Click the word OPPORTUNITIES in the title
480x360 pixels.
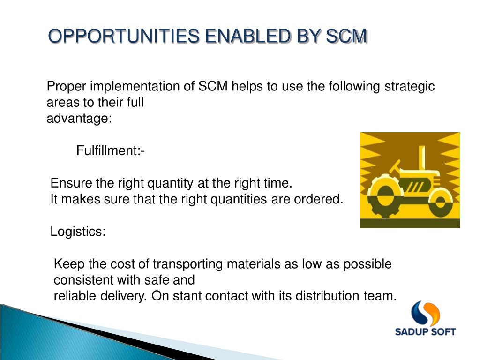[x=124, y=36]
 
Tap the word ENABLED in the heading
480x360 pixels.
[x=247, y=36]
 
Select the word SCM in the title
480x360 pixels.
[x=346, y=36]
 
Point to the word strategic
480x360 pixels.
[x=410, y=87]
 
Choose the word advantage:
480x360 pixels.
[x=79, y=119]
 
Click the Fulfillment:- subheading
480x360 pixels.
[x=111, y=150]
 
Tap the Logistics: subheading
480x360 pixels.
[x=78, y=232]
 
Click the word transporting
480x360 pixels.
[x=187, y=264]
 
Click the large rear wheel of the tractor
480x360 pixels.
[x=384, y=195]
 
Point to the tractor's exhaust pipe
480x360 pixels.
[x=422, y=157]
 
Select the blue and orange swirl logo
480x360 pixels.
[x=425, y=313]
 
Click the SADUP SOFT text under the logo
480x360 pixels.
[x=425, y=331]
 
